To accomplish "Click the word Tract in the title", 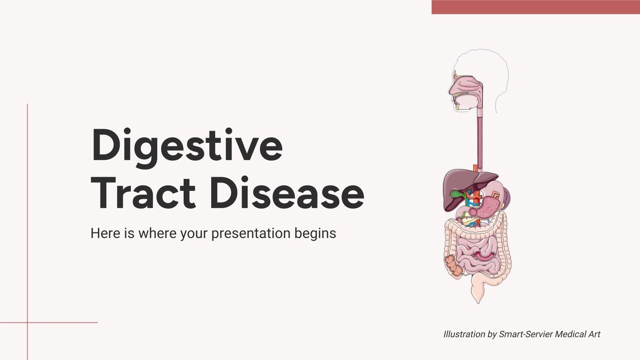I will (143, 194).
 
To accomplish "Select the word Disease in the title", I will (286, 194).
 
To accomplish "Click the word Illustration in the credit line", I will (464, 334).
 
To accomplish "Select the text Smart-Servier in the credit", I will (526, 334).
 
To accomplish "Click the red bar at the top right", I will (536, 7).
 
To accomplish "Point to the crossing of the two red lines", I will (27, 322).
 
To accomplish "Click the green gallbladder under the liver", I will (456, 194).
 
